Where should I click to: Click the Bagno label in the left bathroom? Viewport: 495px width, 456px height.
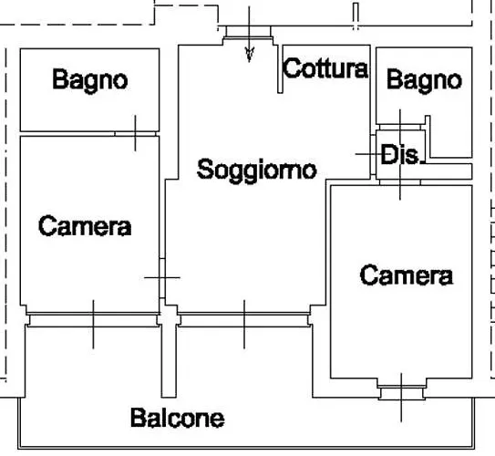(90, 81)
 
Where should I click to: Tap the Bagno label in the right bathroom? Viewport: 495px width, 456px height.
(424, 81)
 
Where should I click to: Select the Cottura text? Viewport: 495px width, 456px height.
(325, 68)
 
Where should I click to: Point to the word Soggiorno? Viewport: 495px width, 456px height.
(257, 171)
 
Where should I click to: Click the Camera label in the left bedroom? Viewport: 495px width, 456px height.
(85, 225)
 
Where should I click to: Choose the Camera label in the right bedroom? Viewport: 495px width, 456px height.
(407, 275)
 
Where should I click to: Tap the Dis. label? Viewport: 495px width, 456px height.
(400, 154)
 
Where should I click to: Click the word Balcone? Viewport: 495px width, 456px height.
(178, 418)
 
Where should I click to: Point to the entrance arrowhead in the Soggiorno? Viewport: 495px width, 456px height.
(250, 55)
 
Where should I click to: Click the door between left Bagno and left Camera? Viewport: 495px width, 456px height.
(135, 134)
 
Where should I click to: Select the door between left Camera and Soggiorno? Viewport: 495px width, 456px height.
(162, 278)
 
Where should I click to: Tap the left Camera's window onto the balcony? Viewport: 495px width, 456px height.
(93, 319)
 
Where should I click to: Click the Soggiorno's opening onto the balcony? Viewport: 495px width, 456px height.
(244, 319)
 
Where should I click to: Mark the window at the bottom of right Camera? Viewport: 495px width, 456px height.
(401, 392)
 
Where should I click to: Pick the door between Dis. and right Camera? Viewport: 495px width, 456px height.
(400, 182)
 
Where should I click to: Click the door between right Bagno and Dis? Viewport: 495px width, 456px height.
(400, 128)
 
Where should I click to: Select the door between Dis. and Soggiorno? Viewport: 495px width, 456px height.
(373, 154)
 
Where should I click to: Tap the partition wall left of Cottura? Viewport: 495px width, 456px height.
(280, 68)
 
